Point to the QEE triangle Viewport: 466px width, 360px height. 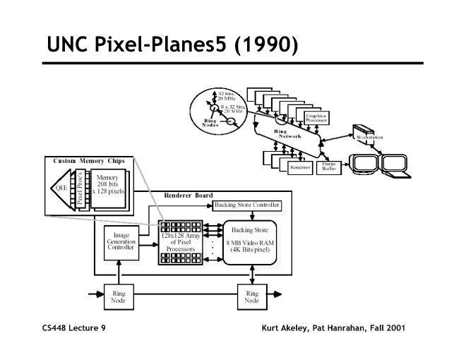[x=60, y=188]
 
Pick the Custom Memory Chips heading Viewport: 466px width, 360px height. [x=89, y=161]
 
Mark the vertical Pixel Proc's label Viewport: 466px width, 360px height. [x=80, y=188]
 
